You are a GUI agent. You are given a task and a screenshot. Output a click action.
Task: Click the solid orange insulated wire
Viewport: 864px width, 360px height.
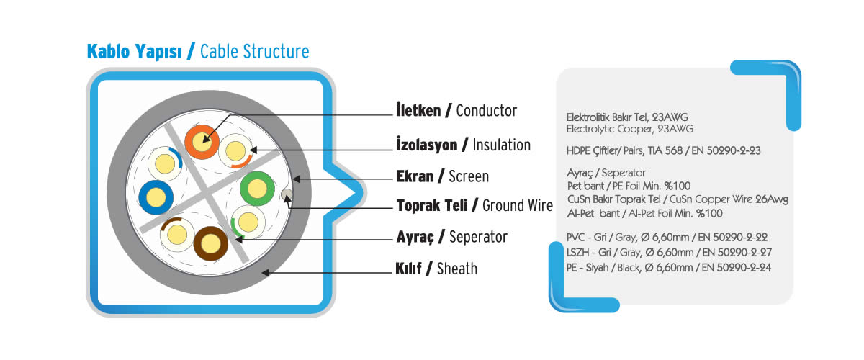[x=202, y=142]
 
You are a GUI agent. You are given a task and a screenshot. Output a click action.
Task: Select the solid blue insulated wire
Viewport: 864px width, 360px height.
[x=156, y=197]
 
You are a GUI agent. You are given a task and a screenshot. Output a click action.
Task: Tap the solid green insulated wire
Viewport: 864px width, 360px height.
[x=257, y=189]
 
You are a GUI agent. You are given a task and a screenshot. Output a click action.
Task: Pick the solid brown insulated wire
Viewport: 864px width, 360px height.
[x=210, y=243]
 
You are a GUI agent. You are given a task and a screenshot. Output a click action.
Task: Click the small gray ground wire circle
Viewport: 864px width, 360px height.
[x=287, y=194]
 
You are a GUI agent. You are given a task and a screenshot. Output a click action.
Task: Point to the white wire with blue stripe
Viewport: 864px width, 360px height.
[x=165, y=163]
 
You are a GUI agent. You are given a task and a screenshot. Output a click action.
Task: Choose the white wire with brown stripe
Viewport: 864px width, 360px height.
[x=177, y=235]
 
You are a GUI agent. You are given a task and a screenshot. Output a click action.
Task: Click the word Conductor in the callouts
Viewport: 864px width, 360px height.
[x=487, y=111]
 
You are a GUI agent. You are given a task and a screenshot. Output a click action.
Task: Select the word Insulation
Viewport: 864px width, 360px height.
[x=501, y=145]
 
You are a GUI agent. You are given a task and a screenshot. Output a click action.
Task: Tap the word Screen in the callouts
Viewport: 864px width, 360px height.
[x=469, y=176]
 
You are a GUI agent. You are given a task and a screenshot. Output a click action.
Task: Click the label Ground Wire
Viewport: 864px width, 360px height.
[x=518, y=206]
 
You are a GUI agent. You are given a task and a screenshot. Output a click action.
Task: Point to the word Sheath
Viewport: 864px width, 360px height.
[x=457, y=269]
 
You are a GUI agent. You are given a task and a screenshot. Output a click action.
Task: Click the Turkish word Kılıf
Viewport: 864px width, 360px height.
[x=408, y=268]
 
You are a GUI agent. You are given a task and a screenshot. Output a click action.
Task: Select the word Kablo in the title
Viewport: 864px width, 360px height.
[x=109, y=51]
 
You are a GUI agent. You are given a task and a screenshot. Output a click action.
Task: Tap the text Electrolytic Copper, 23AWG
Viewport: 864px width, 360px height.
[x=629, y=129]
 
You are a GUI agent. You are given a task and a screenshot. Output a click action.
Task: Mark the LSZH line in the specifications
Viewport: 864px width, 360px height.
[x=669, y=252]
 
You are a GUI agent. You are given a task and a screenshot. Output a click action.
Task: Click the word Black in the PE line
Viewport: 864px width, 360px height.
[x=629, y=267]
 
